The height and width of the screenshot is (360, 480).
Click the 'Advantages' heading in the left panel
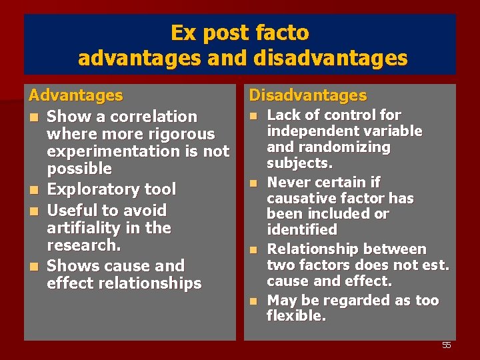(75, 96)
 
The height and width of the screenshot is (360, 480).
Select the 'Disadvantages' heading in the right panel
(307, 96)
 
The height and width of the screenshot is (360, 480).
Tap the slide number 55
(447, 345)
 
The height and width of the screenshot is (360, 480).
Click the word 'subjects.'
(299, 163)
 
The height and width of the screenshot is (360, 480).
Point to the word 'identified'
(302, 230)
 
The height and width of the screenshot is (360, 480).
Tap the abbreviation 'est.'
(437, 265)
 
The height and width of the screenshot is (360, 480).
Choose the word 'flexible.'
(297, 316)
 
